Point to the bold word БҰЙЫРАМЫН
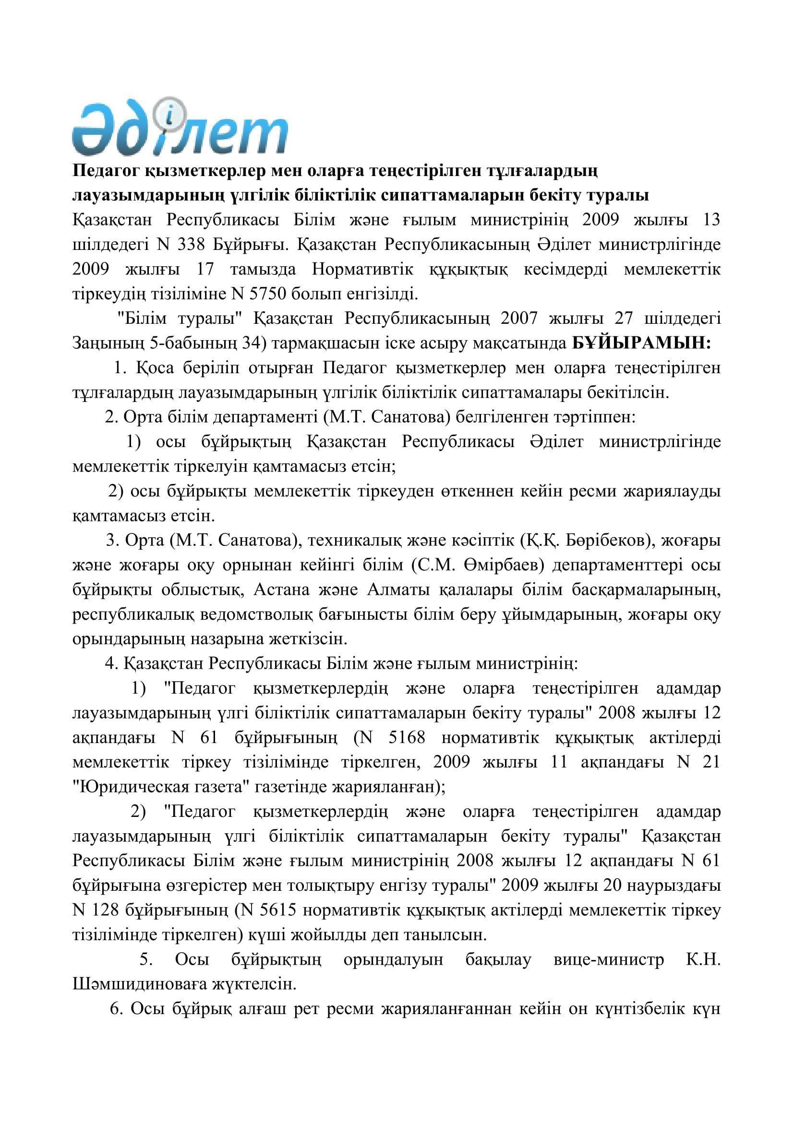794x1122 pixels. [641, 343]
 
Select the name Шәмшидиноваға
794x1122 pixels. [138, 984]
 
